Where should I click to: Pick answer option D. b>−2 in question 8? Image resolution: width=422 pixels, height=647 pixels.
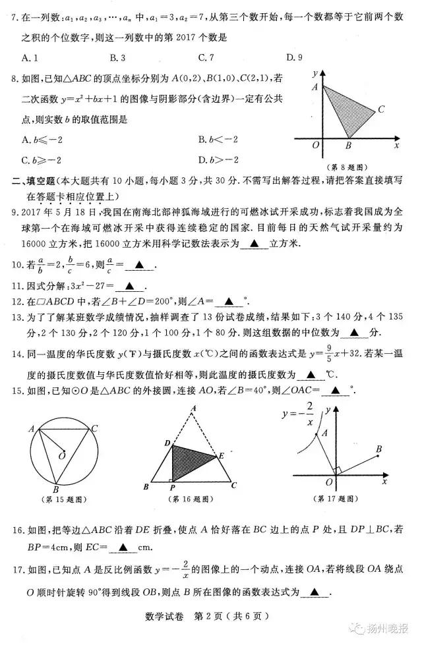(x=217, y=159)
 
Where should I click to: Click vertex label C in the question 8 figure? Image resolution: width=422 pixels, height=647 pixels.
(x=380, y=109)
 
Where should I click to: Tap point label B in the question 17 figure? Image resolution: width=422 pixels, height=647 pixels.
(x=379, y=449)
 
